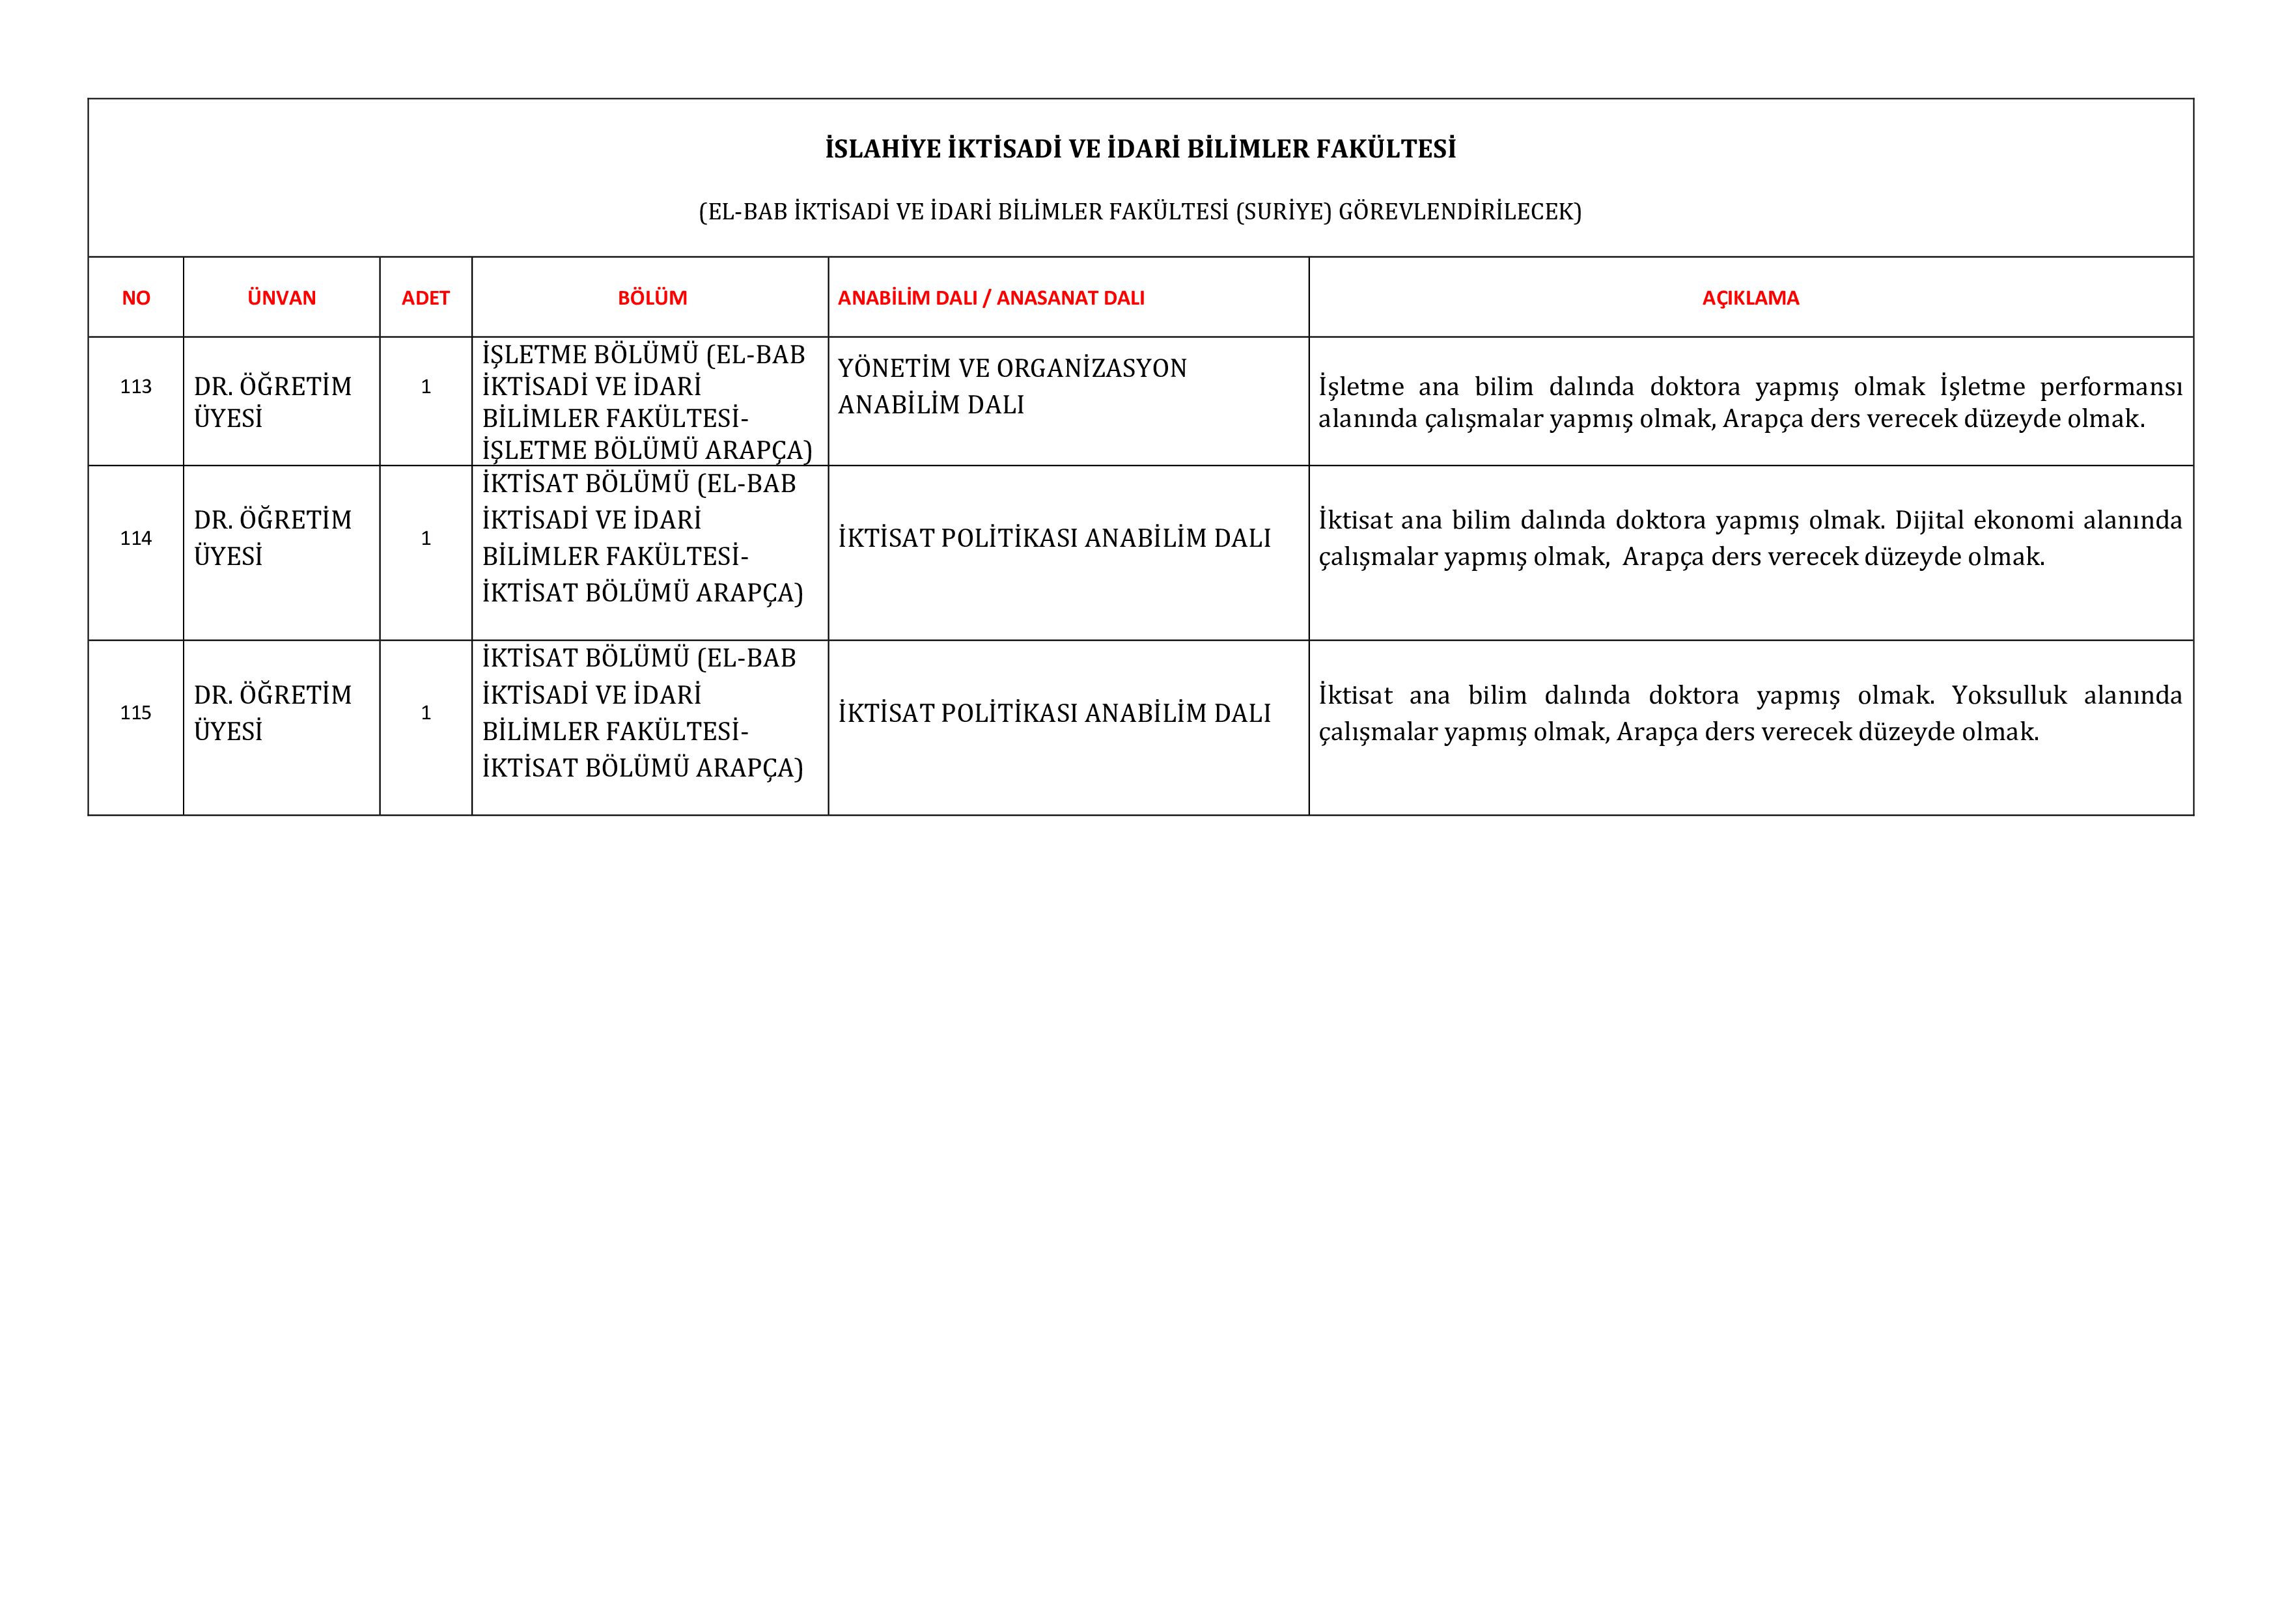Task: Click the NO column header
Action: (136, 298)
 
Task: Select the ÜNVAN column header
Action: (281, 298)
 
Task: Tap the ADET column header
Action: (426, 298)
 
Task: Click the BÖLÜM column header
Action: (652, 298)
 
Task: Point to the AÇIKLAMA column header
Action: (1750, 298)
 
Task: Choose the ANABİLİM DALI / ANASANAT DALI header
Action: (991, 298)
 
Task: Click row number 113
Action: (136, 387)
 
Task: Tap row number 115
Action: (136, 713)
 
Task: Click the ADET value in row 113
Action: (426, 387)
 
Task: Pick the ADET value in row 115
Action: (426, 713)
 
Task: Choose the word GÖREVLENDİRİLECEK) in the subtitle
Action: (1460, 212)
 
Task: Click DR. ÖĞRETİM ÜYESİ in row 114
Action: (273, 538)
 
